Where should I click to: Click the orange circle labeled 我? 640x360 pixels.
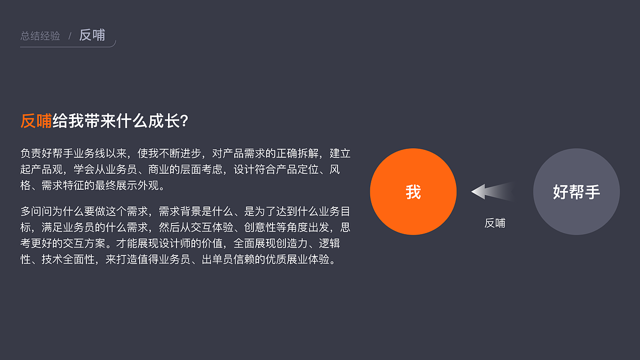413,192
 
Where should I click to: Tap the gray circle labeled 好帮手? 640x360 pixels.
576,192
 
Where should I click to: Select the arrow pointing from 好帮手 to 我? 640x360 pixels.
492,191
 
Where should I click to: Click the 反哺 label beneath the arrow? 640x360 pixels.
494,223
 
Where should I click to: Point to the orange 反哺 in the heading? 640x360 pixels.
36,121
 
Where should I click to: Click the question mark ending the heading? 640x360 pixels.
184,121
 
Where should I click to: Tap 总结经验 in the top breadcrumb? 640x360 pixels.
40,36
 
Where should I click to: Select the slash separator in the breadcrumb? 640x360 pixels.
69,36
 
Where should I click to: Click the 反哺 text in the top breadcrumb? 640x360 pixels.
92,35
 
